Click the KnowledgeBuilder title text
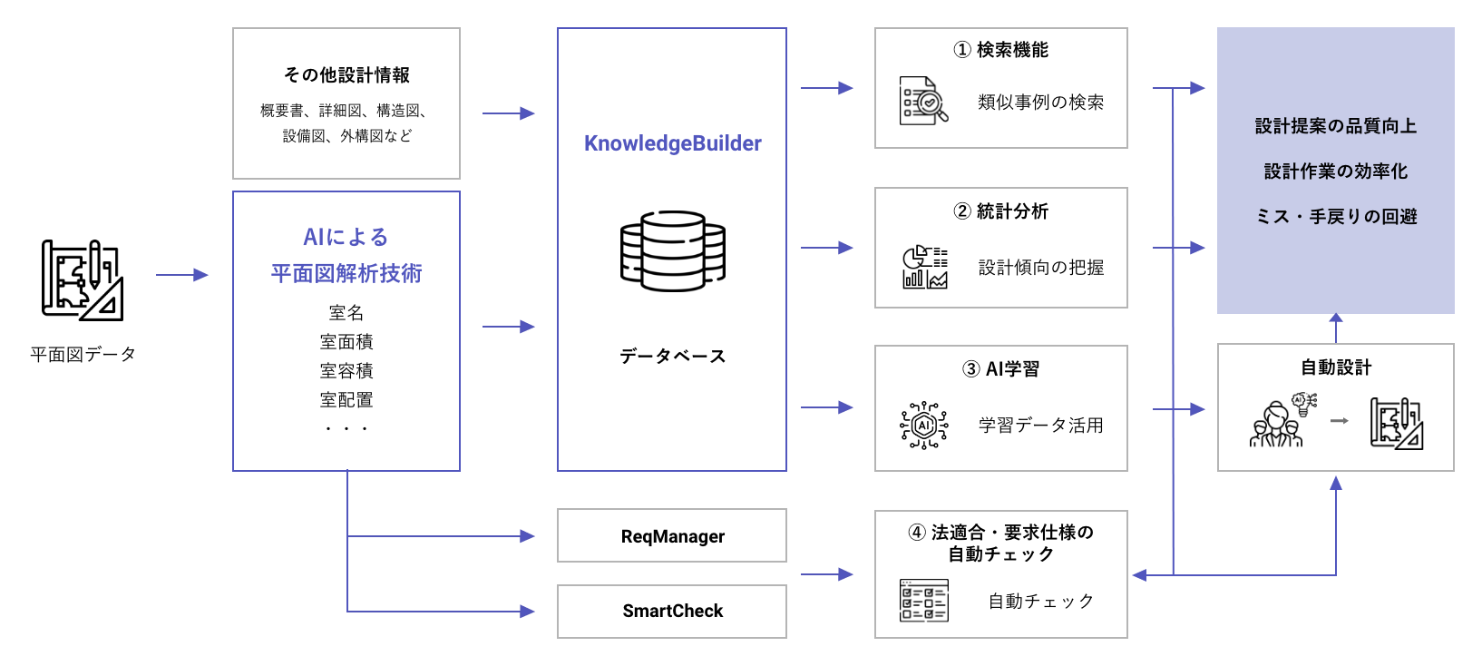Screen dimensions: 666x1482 point(672,143)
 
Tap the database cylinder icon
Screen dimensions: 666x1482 point(672,251)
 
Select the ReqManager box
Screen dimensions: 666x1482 point(672,536)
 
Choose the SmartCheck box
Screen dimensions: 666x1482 point(672,611)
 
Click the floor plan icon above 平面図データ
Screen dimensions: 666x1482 point(83,279)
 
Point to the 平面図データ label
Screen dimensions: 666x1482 point(83,354)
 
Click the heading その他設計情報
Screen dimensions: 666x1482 point(346,75)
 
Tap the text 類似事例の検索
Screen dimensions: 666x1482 point(1040,103)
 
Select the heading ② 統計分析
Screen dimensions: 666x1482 point(1000,211)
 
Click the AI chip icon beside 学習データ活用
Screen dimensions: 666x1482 point(924,425)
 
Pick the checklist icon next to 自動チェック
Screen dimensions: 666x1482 point(924,601)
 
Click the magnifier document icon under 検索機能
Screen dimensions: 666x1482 point(924,101)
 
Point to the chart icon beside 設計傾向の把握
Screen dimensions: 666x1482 point(924,267)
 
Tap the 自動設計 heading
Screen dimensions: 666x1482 point(1335,367)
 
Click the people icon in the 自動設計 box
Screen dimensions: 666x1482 point(1278,422)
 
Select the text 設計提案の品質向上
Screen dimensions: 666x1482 point(1335,126)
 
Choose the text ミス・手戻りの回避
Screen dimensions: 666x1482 point(1335,217)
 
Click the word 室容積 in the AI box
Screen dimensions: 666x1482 point(346,371)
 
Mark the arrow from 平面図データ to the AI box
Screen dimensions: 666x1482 point(182,275)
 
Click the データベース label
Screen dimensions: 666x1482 point(672,357)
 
